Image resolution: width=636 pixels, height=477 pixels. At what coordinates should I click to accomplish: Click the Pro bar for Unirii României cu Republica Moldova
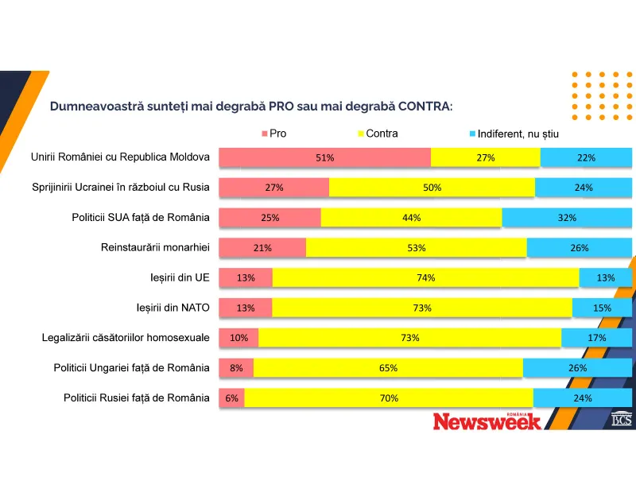[x=324, y=157]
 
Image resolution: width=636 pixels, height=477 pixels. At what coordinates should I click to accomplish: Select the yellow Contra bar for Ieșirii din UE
[x=425, y=277]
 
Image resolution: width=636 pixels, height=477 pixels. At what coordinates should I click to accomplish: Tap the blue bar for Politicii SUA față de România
[x=567, y=218]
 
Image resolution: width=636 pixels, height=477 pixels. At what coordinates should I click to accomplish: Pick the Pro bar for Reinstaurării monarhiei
[x=262, y=247]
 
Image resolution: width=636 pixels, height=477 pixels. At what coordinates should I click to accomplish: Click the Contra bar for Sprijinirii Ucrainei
[x=432, y=188]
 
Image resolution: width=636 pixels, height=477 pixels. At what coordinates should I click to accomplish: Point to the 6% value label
[x=232, y=397]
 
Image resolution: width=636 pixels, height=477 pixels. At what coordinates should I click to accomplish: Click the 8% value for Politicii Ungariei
[x=236, y=368]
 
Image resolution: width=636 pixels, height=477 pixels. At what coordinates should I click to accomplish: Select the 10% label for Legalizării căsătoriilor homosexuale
[x=238, y=338]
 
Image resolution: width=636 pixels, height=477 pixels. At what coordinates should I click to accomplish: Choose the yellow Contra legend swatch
[x=361, y=134]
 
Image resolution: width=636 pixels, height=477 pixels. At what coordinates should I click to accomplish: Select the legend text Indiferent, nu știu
[x=518, y=134]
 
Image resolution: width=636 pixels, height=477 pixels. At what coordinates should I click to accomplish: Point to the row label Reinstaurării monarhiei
[x=155, y=246]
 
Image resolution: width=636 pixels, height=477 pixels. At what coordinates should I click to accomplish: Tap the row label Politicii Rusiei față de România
[x=137, y=397]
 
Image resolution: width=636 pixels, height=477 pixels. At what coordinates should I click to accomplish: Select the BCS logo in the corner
[x=621, y=419]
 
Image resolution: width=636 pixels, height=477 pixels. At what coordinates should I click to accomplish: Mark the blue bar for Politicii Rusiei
[x=583, y=397]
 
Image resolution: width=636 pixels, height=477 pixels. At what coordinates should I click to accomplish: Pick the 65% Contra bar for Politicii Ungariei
[x=388, y=368]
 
